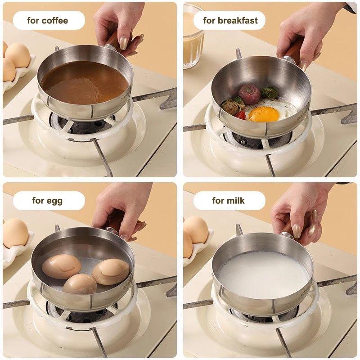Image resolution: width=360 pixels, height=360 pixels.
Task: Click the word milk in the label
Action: click(x=235, y=201)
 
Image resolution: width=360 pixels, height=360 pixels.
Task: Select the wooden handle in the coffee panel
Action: click(x=117, y=42)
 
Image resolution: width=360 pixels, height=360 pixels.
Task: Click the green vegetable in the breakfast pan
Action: click(x=270, y=93)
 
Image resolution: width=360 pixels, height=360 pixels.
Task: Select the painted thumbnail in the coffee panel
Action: click(x=123, y=43)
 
